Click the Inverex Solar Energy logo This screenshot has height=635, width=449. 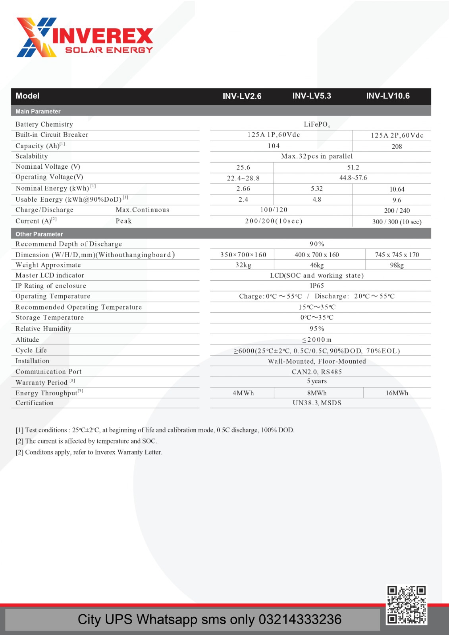coord(85,38)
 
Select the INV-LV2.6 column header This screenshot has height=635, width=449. coord(242,96)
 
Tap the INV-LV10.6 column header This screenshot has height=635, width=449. coord(387,96)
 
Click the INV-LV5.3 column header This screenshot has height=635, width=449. coord(312,96)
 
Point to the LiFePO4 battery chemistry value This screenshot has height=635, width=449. coord(316,125)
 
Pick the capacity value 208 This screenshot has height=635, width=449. coord(397,146)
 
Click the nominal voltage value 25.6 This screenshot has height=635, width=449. coord(243,167)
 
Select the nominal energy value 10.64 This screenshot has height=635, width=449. coord(397,189)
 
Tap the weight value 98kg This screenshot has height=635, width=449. coord(397,265)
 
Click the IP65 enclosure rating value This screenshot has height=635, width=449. coord(317,286)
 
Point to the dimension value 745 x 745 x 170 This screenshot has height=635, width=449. coord(397,255)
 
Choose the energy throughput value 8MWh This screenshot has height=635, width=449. coord(317,393)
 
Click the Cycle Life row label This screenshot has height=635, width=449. coord(31,350)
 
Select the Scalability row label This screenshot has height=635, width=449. coord(31,156)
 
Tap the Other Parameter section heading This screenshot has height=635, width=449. coord(39,234)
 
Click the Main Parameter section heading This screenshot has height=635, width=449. coord(38,112)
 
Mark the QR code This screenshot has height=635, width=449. coord(407,605)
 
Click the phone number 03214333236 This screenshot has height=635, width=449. coord(300,620)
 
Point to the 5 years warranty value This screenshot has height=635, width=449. coord(317,381)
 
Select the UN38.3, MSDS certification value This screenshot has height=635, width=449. coord(317,403)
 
